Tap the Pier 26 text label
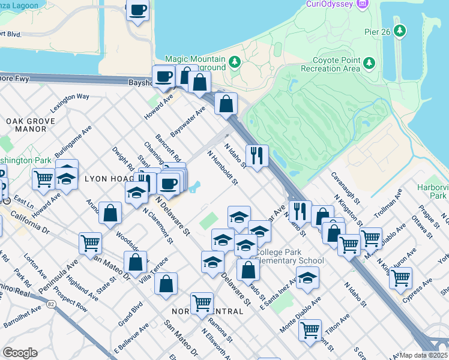[378, 31]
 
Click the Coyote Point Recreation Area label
[336, 64]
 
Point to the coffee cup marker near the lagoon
[137, 10]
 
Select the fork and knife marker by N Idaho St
[257, 156]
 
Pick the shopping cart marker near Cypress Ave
[400, 277]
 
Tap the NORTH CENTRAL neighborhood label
[207, 311]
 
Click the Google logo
[20, 353]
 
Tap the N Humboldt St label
[223, 167]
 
